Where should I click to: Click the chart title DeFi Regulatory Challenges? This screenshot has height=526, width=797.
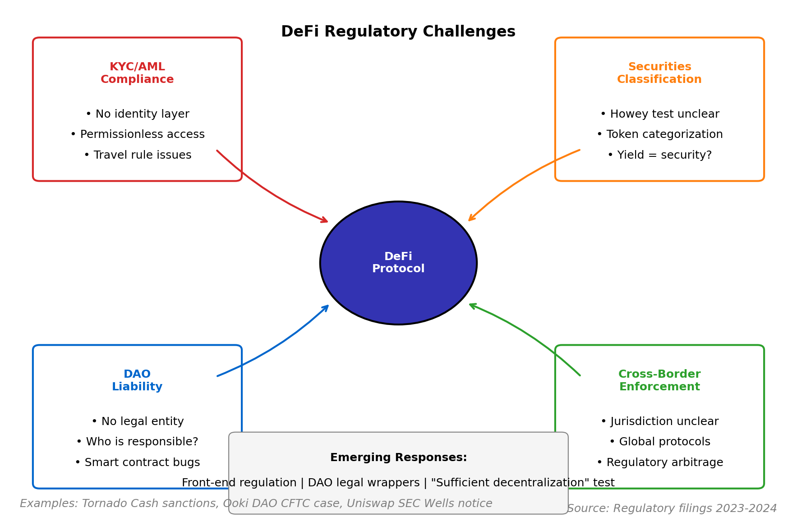click(x=398, y=32)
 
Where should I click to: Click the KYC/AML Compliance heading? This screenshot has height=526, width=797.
click(x=137, y=73)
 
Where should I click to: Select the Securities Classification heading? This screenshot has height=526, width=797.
click(x=659, y=73)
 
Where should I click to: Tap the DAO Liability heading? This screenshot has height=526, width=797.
click(x=137, y=380)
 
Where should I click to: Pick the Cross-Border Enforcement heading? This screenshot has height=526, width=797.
click(x=659, y=380)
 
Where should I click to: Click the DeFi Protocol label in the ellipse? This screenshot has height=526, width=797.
click(x=398, y=263)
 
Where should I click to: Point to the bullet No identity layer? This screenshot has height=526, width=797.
click(x=138, y=114)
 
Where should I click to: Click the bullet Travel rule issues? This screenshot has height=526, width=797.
click(x=138, y=155)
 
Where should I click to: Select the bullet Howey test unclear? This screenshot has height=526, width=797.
click(x=659, y=114)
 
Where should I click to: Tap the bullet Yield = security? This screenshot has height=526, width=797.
click(x=659, y=155)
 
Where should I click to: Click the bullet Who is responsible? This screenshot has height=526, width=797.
click(x=138, y=442)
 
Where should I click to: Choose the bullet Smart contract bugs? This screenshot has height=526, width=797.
click(x=138, y=462)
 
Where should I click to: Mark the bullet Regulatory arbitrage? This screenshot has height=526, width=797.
click(x=659, y=462)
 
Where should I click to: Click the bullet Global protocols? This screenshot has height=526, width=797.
click(x=659, y=442)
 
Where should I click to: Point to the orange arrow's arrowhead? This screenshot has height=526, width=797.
click(x=471, y=219)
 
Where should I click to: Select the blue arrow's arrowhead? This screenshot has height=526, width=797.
click(x=326, y=307)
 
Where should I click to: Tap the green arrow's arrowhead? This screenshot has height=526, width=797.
click(x=472, y=305)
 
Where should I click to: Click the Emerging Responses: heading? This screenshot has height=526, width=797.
click(x=398, y=457)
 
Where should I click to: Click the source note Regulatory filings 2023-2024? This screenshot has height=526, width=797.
click(x=672, y=508)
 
